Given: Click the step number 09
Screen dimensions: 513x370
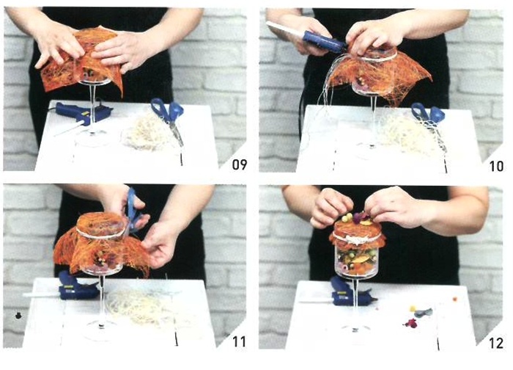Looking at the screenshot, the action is [x=240, y=164].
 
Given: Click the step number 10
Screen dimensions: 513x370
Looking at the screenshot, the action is [x=496, y=166].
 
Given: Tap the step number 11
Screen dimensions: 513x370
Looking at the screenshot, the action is [x=239, y=342].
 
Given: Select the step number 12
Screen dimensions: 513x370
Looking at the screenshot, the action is [x=496, y=344].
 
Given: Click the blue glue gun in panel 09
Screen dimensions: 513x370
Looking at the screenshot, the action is [x=82, y=114].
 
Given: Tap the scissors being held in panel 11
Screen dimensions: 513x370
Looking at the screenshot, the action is [x=133, y=210].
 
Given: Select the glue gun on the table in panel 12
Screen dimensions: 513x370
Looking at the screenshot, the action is [x=347, y=294].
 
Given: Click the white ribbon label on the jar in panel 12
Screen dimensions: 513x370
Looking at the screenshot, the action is [x=358, y=239].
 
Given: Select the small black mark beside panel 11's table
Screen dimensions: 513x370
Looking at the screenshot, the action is [x=18, y=316].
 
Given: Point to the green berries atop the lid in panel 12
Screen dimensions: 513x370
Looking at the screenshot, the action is [x=347, y=217].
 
